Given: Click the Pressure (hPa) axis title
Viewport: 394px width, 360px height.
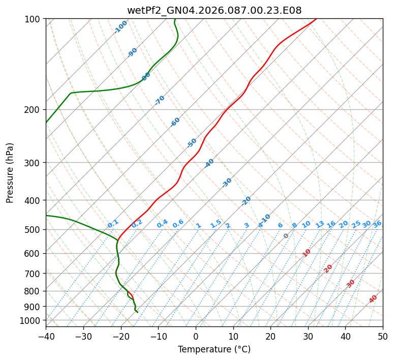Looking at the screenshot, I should pos(10,173).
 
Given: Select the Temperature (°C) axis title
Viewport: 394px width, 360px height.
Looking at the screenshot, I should pos(214,350).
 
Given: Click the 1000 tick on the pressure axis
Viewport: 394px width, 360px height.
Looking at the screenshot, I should pos(32,321).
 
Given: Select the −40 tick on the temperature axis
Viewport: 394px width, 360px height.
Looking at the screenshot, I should pos(46,336).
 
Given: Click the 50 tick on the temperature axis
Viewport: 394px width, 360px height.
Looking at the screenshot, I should pos(383,336).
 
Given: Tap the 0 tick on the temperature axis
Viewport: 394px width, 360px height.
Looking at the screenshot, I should pos(196,336).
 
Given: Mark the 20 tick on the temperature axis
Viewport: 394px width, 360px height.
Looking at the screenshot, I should pos(270,336).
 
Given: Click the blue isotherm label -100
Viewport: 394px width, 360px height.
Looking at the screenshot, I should pos(121,27).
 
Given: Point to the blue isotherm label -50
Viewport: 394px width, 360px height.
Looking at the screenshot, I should pos(192,143).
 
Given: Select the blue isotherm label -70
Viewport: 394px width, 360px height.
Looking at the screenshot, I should pos(160,100).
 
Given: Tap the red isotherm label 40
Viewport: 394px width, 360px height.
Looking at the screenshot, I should pos(373,299).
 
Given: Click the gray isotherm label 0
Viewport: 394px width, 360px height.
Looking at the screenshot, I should pos(286,236).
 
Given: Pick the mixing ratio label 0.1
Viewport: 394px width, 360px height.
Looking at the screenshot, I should pos(113,224).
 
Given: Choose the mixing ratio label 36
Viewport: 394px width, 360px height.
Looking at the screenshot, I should pos(377,224).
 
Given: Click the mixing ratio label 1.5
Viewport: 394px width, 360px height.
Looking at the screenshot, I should pos(216,223).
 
